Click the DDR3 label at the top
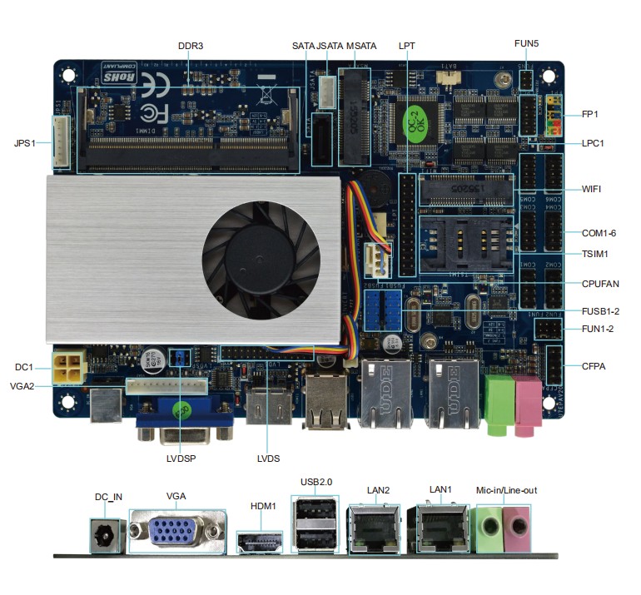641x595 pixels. (190, 46)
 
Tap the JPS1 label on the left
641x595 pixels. (26, 142)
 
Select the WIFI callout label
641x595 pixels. (591, 189)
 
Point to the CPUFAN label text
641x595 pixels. (600, 284)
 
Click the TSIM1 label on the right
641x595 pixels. (595, 254)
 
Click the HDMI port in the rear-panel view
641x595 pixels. (260, 543)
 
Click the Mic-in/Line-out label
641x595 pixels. (506, 490)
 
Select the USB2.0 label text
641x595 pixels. (316, 482)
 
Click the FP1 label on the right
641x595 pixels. (590, 114)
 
